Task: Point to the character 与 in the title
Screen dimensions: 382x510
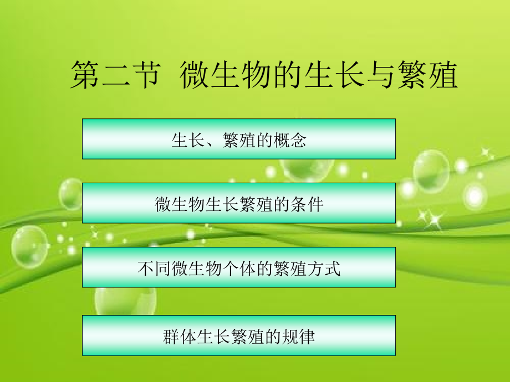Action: pos(381,76)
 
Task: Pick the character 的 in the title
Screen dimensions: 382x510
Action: pos(288,76)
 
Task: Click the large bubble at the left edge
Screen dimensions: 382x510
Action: pos(29,247)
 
